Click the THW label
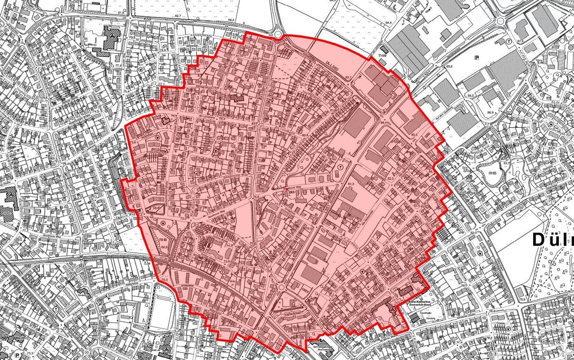pyautogui.click(x=383, y=56)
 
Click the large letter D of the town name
pyautogui.click(x=539, y=240)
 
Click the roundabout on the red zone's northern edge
pyautogui.click(x=279, y=35)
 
